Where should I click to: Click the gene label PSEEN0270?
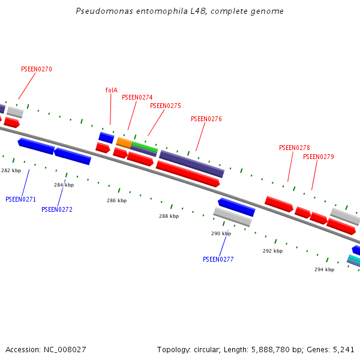[x=36, y=69]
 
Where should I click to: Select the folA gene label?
[x=111, y=90]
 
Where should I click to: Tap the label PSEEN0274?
[x=137, y=97]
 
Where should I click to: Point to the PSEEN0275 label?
[x=165, y=106]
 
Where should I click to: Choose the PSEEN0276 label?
[x=206, y=119]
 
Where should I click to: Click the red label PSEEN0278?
[x=294, y=148]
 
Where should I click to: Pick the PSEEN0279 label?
[x=318, y=157]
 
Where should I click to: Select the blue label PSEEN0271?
[x=20, y=199]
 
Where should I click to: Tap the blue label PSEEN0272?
[x=56, y=209]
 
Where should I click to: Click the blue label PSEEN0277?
[x=218, y=259]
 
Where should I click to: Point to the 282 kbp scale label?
[x=11, y=170]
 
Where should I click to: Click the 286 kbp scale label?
[x=116, y=200]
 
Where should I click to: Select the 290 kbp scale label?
[x=221, y=233]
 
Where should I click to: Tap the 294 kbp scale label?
[x=324, y=269]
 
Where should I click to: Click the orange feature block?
[x=124, y=142]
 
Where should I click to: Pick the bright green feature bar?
[x=145, y=146]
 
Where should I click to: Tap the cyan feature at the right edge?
[x=355, y=258]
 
